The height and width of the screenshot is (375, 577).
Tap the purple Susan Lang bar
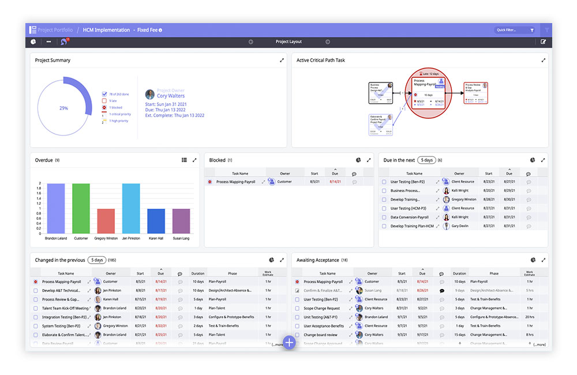click(x=181, y=221)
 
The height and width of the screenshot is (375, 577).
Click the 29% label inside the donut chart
click(x=63, y=108)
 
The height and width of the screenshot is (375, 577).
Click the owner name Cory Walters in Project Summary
click(x=171, y=96)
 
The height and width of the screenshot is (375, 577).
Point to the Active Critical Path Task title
click(x=321, y=60)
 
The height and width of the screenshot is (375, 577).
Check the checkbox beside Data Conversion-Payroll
click(x=384, y=217)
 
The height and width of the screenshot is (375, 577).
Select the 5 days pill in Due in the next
click(x=426, y=160)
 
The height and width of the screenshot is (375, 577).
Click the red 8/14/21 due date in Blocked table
click(x=335, y=182)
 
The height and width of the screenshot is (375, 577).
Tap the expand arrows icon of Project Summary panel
click(x=282, y=60)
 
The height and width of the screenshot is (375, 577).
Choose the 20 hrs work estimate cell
click(x=529, y=317)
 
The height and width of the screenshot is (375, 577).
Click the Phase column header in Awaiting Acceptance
click(x=494, y=273)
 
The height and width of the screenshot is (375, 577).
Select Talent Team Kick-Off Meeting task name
click(x=65, y=308)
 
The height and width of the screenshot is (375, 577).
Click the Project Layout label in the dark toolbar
click(x=288, y=42)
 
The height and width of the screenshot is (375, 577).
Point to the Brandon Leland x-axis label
click(x=57, y=238)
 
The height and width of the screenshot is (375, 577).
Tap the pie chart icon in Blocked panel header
click(x=358, y=160)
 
